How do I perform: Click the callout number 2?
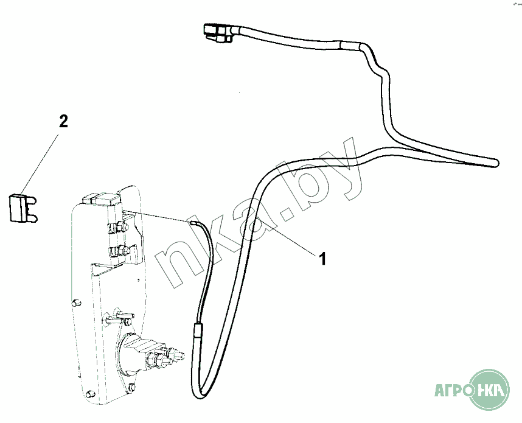[63, 121]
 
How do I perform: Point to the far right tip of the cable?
[496, 163]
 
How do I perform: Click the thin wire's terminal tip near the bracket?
[193, 223]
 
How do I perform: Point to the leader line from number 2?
[42, 159]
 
